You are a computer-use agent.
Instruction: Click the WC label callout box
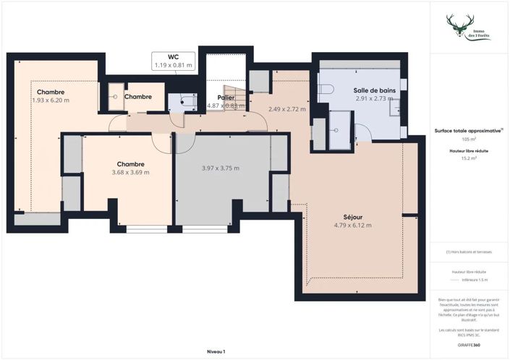pos(173,61)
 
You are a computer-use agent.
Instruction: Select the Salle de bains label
pos(374,90)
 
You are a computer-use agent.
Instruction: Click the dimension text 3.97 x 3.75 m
pos(220,168)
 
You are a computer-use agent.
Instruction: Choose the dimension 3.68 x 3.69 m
pos(130,172)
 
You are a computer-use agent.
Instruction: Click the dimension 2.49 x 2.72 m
pos(286,109)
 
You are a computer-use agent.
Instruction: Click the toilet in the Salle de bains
pos(326,89)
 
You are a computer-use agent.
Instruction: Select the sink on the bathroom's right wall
pos(398,107)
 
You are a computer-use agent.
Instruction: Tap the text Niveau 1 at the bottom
pos(216,351)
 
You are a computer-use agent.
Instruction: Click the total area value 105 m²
pos(468,139)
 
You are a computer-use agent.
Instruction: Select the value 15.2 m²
pos(468,161)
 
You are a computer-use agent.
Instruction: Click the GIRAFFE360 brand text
pos(468,345)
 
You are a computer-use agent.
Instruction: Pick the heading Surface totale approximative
pos(467,131)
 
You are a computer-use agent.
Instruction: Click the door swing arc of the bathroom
pos(362,132)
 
